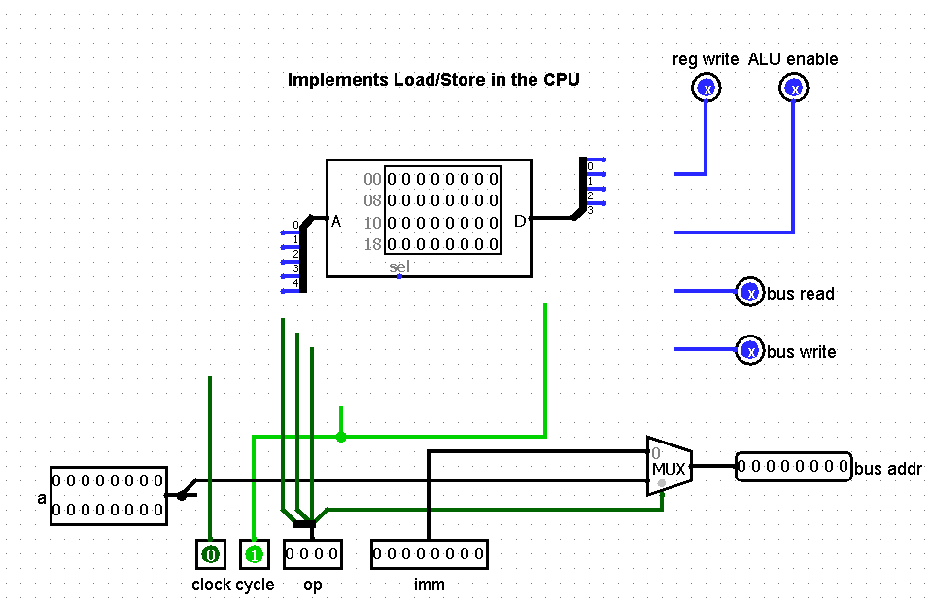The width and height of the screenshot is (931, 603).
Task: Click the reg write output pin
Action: pyautogui.click(x=707, y=89)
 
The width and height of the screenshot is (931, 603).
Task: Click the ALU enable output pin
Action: pyautogui.click(x=794, y=89)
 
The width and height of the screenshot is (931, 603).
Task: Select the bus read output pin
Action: pyautogui.click(x=749, y=292)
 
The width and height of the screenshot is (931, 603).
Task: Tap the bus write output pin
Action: pyautogui.click(x=749, y=350)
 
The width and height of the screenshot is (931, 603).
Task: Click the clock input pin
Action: pyautogui.click(x=210, y=555)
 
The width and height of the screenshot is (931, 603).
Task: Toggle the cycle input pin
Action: pyautogui.click(x=254, y=555)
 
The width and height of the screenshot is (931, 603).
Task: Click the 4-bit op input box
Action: pyautogui.click(x=313, y=554)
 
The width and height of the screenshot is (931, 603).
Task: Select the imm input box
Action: pyautogui.click(x=429, y=554)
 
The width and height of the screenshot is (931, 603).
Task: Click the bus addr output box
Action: pyautogui.click(x=793, y=467)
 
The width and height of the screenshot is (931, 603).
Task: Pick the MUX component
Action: pyautogui.click(x=669, y=467)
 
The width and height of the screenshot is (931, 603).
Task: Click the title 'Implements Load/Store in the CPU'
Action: pyautogui.click(x=433, y=80)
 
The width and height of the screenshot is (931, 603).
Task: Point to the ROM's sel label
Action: pyautogui.click(x=399, y=266)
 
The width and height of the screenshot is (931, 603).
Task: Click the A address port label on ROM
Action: pyautogui.click(x=336, y=221)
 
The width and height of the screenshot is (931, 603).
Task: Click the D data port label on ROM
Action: pyautogui.click(x=519, y=221)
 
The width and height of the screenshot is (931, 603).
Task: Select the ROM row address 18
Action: pyautogui.click(x=372, y=244)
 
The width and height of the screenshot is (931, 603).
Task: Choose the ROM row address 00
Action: pyautogui.click(x=372, y=180)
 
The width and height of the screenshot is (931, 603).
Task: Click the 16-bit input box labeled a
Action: pyautogui.click(x=108, y=495)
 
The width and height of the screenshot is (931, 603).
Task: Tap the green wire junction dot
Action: pyautogui.click(x=341, y=437)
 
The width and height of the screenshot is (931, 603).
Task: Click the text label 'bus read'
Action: pyautogui.click(x=801, y=294)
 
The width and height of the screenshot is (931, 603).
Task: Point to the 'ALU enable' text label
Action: pyautogui.click(x=793, y=59)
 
